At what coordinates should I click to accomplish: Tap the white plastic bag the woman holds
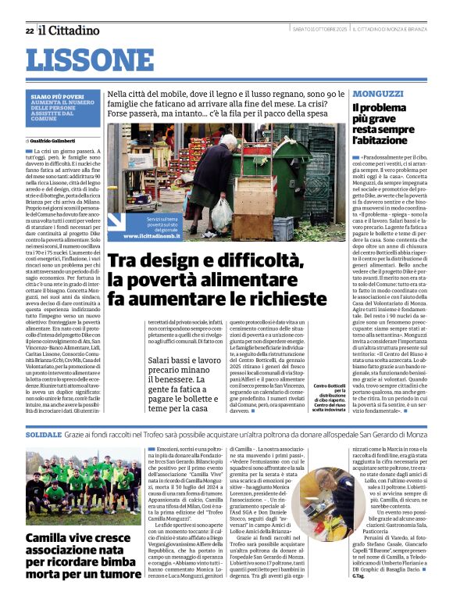[x=221, y=211]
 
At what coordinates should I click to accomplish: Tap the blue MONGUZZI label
[x=378, y=93]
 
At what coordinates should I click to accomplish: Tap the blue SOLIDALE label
[x=44, y=433]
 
